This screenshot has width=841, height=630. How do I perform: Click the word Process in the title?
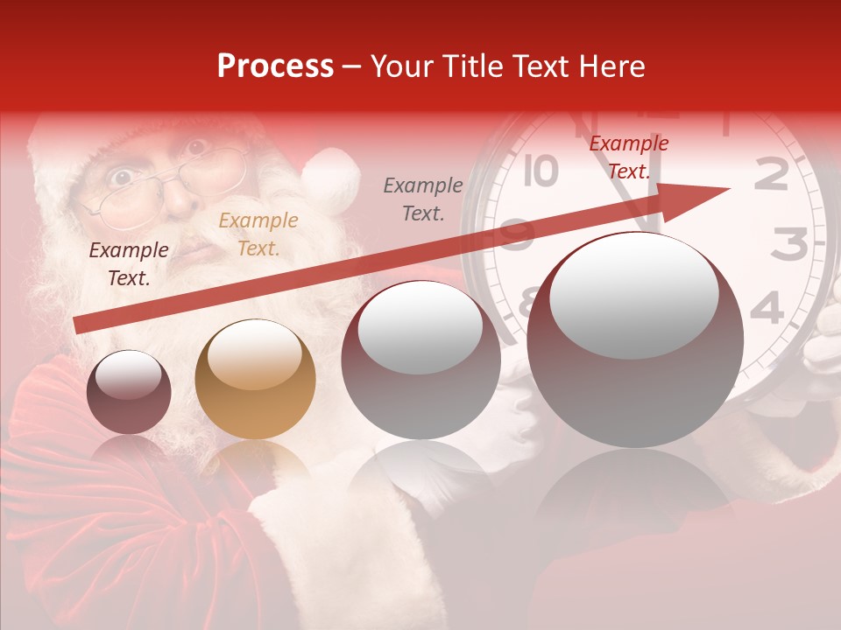pyautogui.click(x=275, y=66)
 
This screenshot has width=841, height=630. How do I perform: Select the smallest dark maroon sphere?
pyautogui.click(x=129, y=392)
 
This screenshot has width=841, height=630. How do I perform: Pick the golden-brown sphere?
pyautogui.click(x=255, y=379)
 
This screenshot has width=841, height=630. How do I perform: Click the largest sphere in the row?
pyautogui.click(x=635, y=339)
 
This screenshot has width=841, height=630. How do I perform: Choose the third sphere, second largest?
pyautogui.click(x=420, y=360)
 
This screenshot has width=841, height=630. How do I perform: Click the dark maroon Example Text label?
pyautogui.click(x=129, y=264)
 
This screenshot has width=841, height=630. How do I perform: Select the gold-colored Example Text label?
pyautogui.click(x=258, y=234)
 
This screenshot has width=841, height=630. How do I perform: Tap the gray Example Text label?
pyautogui.click(x=423, y=199)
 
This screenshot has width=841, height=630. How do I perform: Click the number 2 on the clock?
pyautogui.click(x=771, y=175)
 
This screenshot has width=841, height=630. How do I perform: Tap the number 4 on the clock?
pyautogui.click(x=767, y=308)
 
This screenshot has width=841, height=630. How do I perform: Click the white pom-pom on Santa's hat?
pyautogui.click(x=330, y=179)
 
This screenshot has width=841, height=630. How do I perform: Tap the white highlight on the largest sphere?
pyautogui.click(x=634, y=293)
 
